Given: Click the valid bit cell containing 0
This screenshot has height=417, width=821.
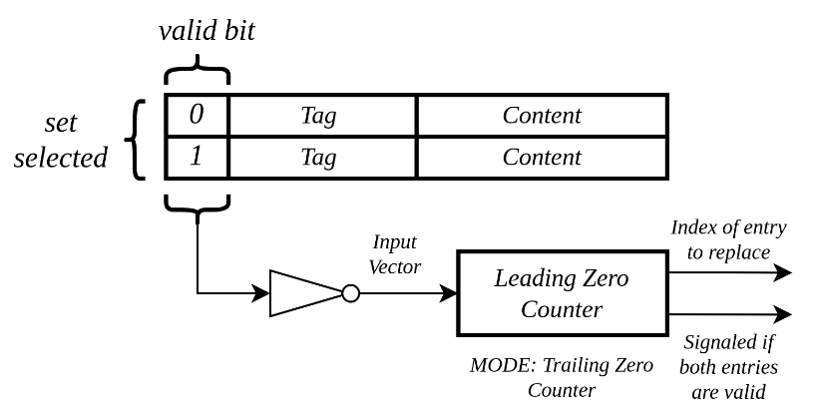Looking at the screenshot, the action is point(197,116).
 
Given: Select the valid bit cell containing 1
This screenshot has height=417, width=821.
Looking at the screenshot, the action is point(197,158).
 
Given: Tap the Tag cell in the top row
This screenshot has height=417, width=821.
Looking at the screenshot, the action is point(322,116).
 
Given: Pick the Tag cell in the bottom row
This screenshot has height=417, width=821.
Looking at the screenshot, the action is point(322,158).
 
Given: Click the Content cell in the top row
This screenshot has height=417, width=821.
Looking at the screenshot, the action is point(543,116).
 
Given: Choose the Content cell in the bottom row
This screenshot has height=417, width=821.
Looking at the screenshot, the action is point(543,158).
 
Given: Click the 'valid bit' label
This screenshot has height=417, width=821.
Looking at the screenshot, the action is point(206,30).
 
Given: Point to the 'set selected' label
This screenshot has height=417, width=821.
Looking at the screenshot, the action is point(61,141).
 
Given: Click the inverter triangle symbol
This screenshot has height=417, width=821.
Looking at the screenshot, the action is point(306,293).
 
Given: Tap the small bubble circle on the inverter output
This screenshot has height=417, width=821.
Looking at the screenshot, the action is point(351,293).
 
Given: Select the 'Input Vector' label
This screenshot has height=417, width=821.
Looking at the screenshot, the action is point(395,254).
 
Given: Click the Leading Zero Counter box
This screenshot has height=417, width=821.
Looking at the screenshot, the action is point(563,293).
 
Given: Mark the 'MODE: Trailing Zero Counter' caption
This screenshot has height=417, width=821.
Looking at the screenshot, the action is point(562,377).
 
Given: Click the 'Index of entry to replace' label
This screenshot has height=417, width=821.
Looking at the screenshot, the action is point(728,240).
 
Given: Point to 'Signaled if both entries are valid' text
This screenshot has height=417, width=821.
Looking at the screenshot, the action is point(728,367).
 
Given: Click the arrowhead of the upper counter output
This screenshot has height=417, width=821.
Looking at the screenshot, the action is point(783,272).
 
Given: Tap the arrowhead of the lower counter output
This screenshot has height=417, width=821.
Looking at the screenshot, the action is point(783,314).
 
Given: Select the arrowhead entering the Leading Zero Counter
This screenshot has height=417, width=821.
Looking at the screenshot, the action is point(448,293).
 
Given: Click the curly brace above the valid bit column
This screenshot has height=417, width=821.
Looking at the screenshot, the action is point(198,68).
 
